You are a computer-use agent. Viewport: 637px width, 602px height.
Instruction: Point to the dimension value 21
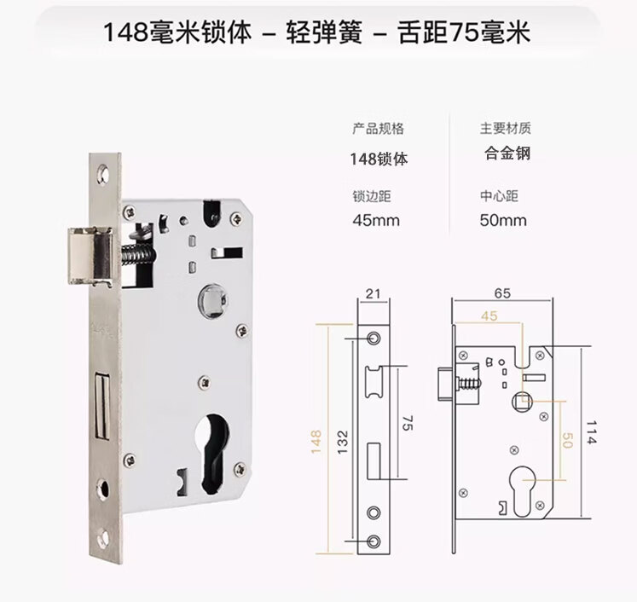coord(372,294)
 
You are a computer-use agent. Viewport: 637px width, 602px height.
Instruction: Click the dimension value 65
coord(501,293)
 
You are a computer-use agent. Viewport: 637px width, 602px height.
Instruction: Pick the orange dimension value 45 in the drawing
coord(489,315)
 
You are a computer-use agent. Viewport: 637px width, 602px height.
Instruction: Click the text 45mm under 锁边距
coord(376,221)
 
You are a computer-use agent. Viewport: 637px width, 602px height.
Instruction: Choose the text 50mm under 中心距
coord(503,221)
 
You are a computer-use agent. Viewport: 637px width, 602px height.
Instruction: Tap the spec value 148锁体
coord(379,158)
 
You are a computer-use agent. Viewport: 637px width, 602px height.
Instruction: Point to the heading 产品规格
coord(378,129)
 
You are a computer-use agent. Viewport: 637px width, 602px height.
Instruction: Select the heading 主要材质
coord(505,129)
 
